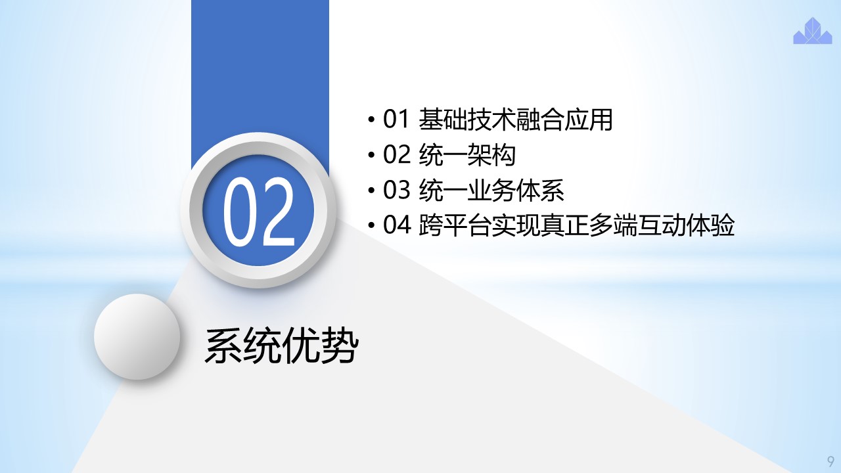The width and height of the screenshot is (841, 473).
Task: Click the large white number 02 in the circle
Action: pos(258,212)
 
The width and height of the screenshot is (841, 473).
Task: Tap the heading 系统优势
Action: pos(282,346)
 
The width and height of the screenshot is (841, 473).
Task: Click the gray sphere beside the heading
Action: pos(137,336)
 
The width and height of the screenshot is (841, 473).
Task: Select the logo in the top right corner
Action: pos(813,31)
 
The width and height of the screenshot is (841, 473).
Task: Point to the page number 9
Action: pos(830,461)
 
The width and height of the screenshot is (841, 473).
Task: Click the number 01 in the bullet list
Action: pos(396,120)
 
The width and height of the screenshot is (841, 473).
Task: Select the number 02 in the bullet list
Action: pos(396,154)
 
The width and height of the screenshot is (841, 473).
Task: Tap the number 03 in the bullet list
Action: pos(396,190)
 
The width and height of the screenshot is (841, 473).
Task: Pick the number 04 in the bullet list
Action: pos(396,225)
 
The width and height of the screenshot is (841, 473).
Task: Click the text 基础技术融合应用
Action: pos(516,120)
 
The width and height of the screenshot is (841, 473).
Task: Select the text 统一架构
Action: pos(467,154)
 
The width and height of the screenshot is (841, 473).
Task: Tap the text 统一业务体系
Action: pos(491,190)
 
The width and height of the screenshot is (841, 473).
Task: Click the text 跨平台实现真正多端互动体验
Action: pos(576,225)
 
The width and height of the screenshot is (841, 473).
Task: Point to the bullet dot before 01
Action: pos(371,120)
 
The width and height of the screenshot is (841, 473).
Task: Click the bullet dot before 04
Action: pos(371,225)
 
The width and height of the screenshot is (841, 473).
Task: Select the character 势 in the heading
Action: pos(340,346)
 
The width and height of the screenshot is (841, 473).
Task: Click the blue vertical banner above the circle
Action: pos(260,75)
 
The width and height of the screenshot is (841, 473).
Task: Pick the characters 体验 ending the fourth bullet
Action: pos(710,225)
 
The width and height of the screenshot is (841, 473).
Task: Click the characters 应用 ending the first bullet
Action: pos(589,120)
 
